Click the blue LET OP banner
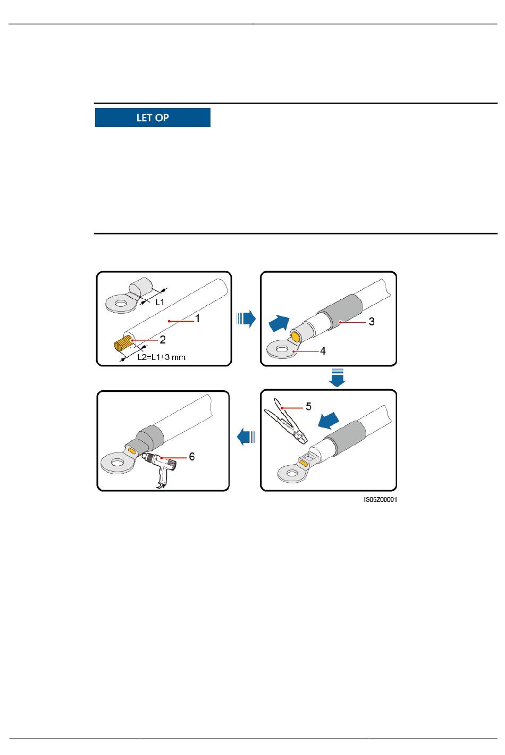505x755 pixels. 153,118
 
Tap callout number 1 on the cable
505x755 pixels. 198,318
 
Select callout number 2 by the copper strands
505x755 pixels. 163,339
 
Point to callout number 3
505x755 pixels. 372,322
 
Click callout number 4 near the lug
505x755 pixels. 323,351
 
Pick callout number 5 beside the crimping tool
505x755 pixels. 308,407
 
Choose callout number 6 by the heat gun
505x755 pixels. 192,456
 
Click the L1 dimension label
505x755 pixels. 159,302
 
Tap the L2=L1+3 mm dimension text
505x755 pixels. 162,357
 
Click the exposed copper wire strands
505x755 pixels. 124,344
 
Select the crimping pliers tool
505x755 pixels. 285,422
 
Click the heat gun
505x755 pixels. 159,469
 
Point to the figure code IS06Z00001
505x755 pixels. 381,499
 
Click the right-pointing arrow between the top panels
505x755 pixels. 246,318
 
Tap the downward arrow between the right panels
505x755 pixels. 337,377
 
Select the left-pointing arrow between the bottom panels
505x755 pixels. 247,437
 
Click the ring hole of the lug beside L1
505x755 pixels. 120,304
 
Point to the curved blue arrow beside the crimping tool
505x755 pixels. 329,421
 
